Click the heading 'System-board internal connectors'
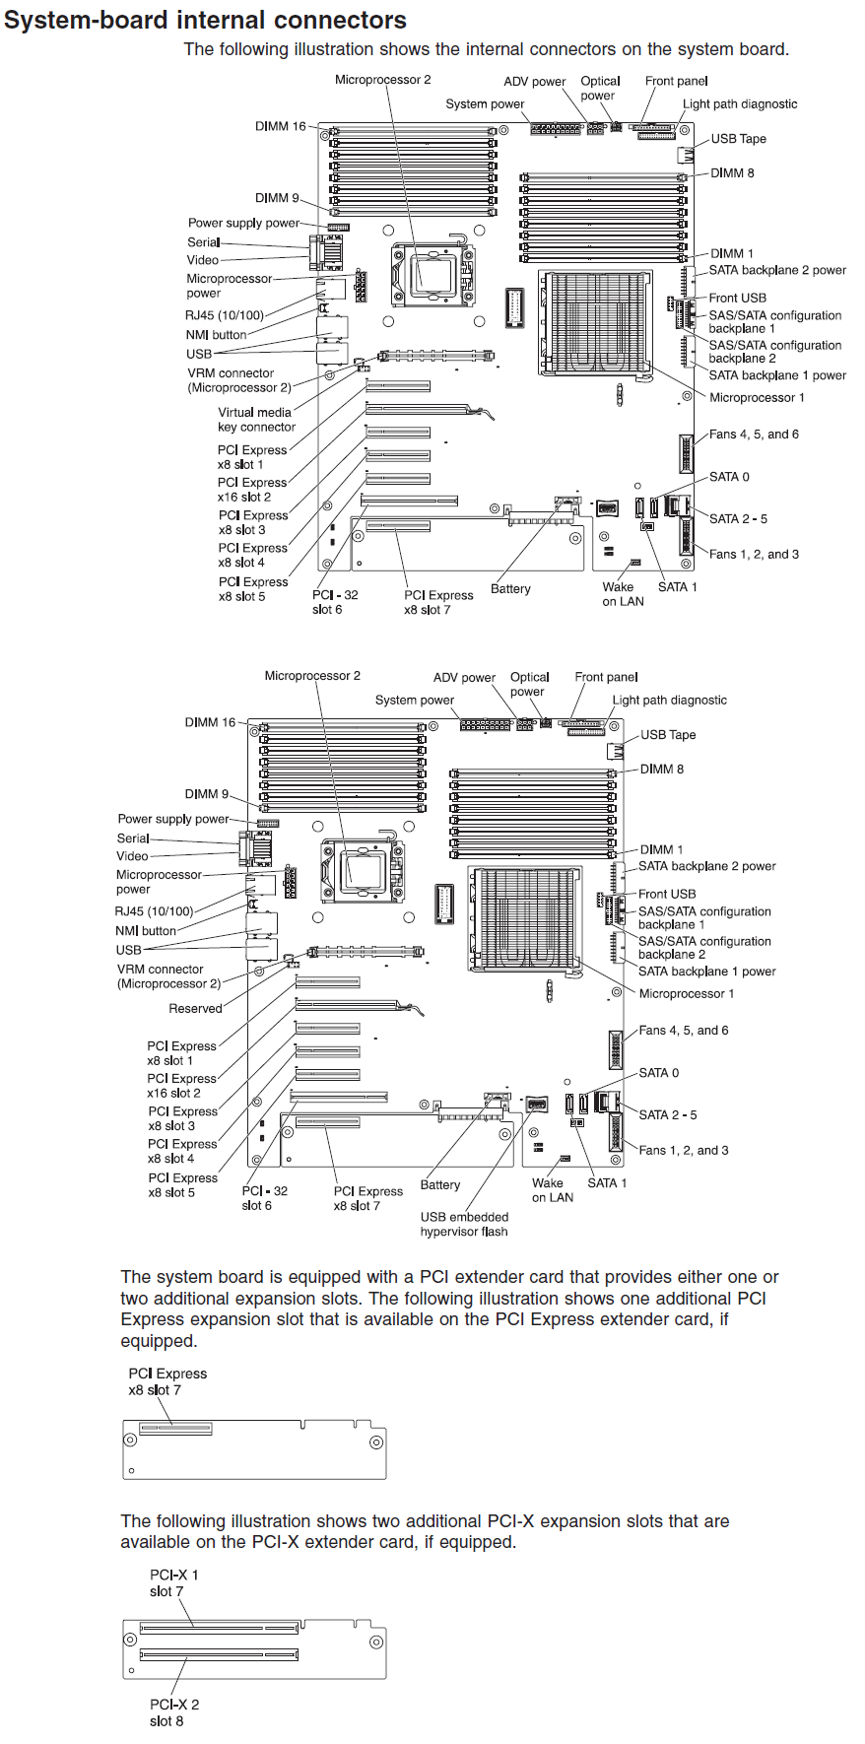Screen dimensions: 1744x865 (205, 20)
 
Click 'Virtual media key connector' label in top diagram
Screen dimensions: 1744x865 (255, 420)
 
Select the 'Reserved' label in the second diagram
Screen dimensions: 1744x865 (195, 1008)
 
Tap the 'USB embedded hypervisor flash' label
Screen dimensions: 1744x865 (464, 1224)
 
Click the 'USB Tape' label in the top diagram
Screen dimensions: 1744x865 (738, 139)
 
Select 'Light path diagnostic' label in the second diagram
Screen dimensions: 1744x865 (669, 700)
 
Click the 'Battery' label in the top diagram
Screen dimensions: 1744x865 (510, 588)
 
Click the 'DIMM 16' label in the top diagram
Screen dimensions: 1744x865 (280, 126)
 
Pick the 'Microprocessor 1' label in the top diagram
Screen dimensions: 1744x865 (757, 397)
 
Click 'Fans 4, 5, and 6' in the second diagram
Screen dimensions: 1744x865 (683, 1030)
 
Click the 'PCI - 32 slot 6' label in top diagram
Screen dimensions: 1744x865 (334, 602)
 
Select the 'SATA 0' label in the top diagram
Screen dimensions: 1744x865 (728, 476)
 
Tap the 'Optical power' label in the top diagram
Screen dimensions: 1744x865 (599, 88)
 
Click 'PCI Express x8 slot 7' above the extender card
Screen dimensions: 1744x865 (166, 1381)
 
